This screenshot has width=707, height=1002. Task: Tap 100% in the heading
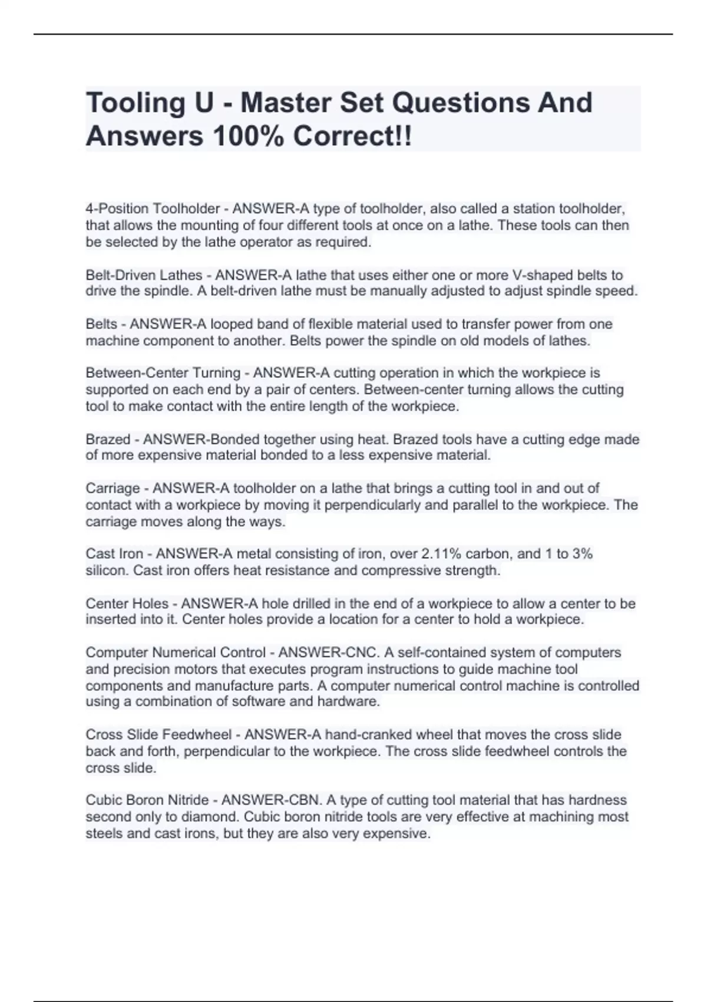pyautogui.click(x=248, y=136)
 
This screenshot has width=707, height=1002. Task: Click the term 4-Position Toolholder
pyautogui.click(x=153, y=209)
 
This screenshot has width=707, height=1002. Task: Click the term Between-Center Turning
pyautogui.click(x=163, y=373)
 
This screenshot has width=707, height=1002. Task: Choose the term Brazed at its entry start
pyautogui.click(x=108, y=439)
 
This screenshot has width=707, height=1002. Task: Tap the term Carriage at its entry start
pyautogui.click(x=113, y=488)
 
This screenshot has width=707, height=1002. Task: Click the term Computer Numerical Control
pyautogui.click(x=176, y=652)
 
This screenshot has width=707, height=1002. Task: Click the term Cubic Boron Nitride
pyautogui.click(x=147, y=800)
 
